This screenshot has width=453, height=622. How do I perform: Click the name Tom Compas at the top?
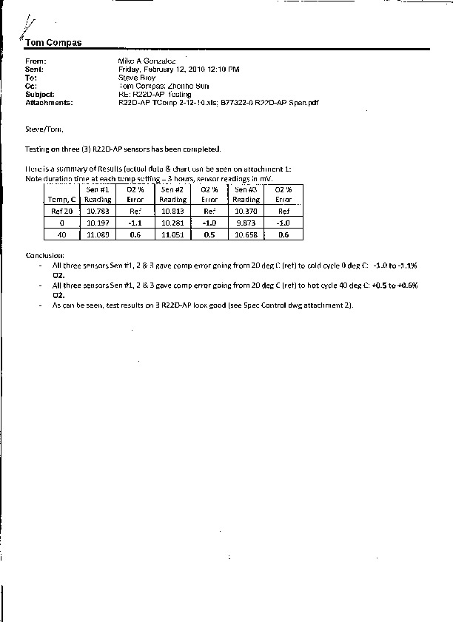pyautogui.click(x=53, y=42)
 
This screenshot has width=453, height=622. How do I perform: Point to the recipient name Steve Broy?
pyautogui.click(x=137, y=77)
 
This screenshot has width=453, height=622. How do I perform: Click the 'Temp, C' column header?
pyautogui.click(x=61, y=200)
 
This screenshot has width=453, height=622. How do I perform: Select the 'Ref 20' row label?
pyautogui.click(x=61, y=211)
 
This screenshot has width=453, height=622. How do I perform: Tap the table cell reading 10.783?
pyautogui.click(x=98, y=211)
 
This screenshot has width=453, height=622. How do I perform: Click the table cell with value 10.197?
pyautogui.click(x=98, y=223)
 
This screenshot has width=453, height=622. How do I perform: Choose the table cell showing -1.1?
pyautogui.click(x=135, y=223)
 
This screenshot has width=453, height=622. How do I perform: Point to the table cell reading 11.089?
pyautogui.click(x=98, y=234)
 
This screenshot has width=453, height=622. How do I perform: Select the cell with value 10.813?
pyautogui.click(x=173, y=211)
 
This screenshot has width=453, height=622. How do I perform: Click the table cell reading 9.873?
pyautogui.click(x=246, y=223)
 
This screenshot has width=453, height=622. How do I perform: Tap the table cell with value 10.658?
pyautogui.click(x=246, y=234)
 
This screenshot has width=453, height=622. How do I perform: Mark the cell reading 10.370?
pyautogui.click(x=246, y=211)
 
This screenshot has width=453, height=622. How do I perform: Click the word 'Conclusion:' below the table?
pyautogui.click(x=45, y=255)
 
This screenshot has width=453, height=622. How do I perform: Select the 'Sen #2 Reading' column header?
pyautogui.click(x=173, y=195)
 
